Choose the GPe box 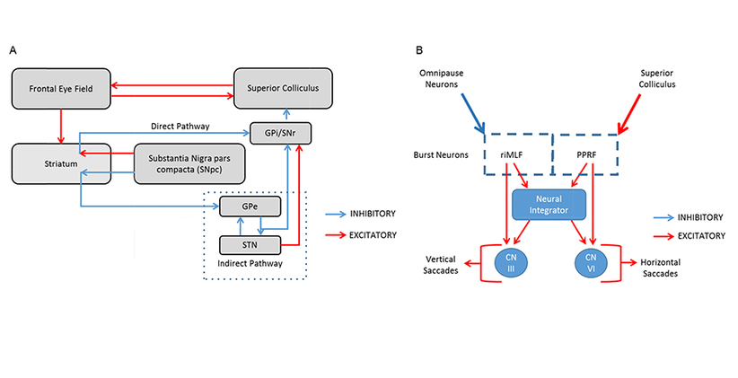250,207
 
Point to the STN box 250,243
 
